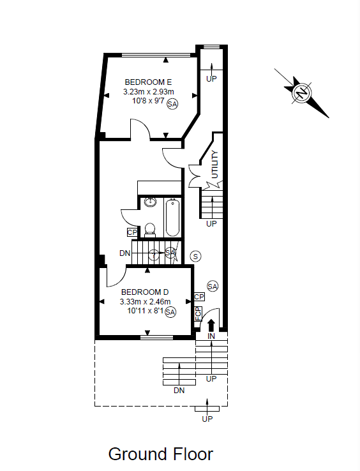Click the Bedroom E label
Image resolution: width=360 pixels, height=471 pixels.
click(148, 82)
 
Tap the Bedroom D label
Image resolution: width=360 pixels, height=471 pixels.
click(145, 292)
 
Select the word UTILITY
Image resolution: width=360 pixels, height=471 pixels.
click(215, 164)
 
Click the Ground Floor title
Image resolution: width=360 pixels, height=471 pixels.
click(161, 454)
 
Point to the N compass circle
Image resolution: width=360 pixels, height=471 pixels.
click(302, 93)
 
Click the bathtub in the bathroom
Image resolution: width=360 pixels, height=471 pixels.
click(172, 218)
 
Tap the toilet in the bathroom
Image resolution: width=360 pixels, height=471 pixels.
click(149, 230)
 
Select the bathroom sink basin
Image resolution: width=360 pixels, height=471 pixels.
click(150, 202)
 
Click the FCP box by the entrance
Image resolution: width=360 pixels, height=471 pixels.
click(198, 313)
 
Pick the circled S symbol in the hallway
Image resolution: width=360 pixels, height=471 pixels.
click(195, 256)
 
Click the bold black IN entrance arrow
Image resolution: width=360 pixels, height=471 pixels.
click(211, 325)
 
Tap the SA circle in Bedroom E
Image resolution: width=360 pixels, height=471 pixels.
click(172, 104)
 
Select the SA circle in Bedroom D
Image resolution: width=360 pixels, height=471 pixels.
click(170, 312)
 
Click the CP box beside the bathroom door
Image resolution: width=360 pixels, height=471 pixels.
click(132, 232)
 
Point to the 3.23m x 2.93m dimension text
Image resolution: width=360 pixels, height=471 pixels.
click(149, 92)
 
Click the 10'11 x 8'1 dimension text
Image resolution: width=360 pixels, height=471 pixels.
click(146, 311)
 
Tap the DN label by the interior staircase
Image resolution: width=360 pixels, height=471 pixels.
click(124, 253)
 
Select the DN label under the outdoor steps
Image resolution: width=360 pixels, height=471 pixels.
click(179, 391)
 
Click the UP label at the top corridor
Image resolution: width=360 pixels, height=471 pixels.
click(211, 78)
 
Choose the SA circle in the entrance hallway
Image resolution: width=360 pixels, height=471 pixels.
click(213, 287)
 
